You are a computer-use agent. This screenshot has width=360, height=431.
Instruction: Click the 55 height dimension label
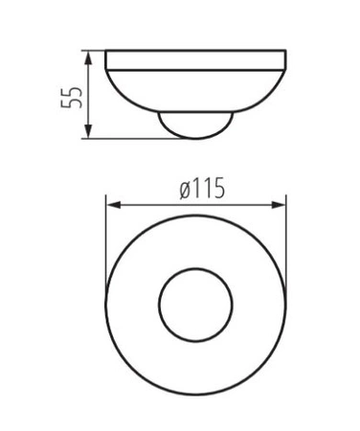click(x=72, y=98)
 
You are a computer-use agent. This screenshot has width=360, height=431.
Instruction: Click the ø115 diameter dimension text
click(x=202, y=189)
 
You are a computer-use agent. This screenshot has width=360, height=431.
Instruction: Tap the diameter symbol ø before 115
click(x=185, y=191)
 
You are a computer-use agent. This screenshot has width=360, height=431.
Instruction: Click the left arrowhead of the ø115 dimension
click(x=113, y=205)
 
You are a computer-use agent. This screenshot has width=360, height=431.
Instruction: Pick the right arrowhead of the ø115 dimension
click(x=279, y=205)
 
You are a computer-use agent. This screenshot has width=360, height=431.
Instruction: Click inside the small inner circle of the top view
click(x=196, y=305)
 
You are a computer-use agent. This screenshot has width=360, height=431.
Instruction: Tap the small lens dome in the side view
click(x=196, y=125)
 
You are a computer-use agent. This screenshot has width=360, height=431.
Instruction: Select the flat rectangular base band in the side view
click(x=196, y=59)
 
